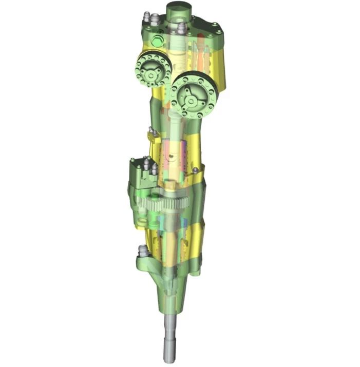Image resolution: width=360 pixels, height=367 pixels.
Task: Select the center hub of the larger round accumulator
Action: (x=192, y=98)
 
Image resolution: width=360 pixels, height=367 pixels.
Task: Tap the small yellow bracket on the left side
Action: (x=151, y=136)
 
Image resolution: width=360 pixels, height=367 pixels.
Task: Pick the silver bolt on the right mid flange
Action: (x=196, y=170)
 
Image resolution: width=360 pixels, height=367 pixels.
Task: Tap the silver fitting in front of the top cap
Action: (x=181, y=28)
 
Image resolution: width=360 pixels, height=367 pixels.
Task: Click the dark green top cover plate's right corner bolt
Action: (x=220, y=30)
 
